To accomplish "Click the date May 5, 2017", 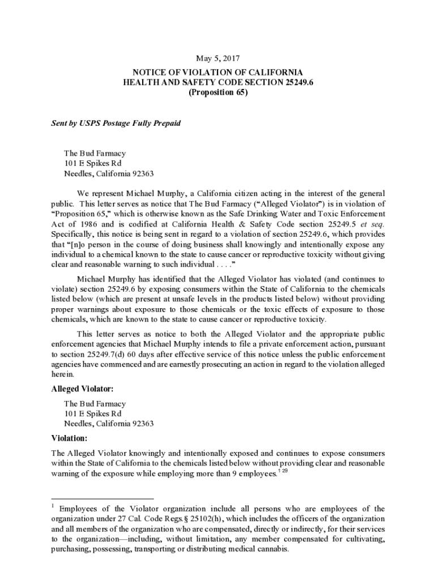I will (x=218, y=58).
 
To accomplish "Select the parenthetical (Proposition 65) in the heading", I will (x=218, y=93).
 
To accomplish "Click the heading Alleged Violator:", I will (x=83, y=389).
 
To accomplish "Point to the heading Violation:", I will (x=70, y=438).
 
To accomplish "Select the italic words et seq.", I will (x=371, y=224).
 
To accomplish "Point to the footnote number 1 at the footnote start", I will (x=53, y=506).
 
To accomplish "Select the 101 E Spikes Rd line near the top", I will (x=93, y=164).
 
